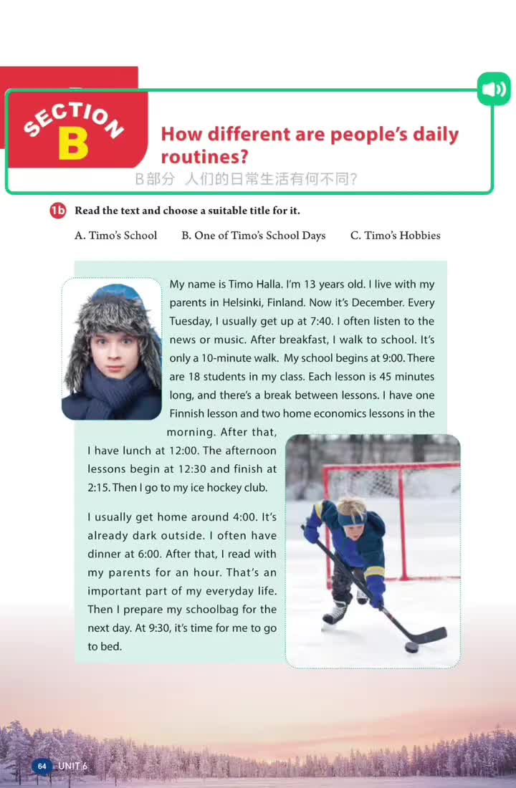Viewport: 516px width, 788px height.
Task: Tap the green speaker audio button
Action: [494, 90]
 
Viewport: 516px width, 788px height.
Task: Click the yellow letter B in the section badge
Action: [73, 143]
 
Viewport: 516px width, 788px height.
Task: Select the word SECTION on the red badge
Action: [73, 117]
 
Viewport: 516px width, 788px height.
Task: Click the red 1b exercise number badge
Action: [58, 211]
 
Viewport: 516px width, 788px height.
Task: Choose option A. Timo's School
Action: [115, 235]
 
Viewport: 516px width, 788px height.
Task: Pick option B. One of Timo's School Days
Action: [253, 235]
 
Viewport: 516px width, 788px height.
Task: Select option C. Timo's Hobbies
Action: [395, 235]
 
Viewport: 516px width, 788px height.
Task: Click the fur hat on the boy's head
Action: [111, 312]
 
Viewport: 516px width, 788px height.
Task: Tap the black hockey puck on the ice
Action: [411, 647]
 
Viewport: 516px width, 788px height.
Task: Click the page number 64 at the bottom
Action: [42, 766]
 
